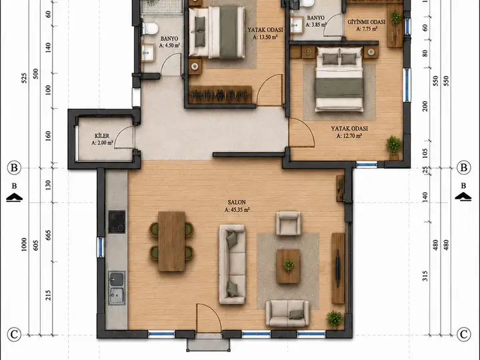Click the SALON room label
tap(237, 203)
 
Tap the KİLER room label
tap(102, 135)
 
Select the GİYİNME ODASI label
tap(366, 22)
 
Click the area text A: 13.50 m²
tap(265, 37)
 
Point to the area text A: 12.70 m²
tap(349, 136)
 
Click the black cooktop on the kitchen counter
tap(117, 222)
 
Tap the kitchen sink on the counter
tap(117, 288)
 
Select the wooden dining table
tap(171, 241)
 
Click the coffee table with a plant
tap(288, 266)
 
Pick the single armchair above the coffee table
tap(288, 223)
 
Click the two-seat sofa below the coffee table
tap(287, 313)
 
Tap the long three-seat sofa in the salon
tap(232, 264)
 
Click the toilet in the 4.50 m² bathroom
tap(150, 29)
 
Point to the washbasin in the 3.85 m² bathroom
tap(297, 25)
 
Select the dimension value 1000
tap(24, 245)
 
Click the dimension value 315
tap(425, 276)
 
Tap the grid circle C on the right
tap(464, 334)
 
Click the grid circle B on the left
tap(14, 168)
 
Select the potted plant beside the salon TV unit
tap(334, 319)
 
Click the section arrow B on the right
tap(463, 196)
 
